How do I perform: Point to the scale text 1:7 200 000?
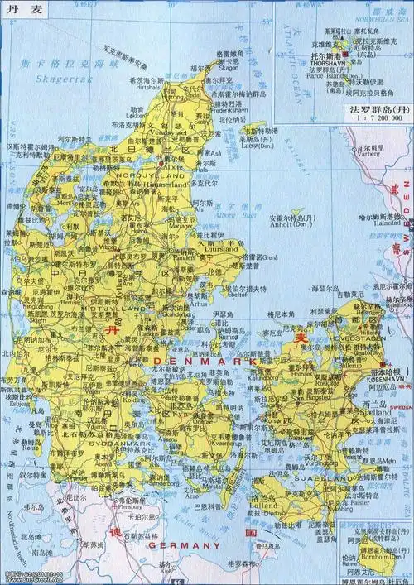pyautogui.click(x=378, y=119)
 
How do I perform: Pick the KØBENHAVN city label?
pyautogui.click(x=387, y=379)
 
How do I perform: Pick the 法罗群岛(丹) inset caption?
pyautogui.click(x=378, y=108)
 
